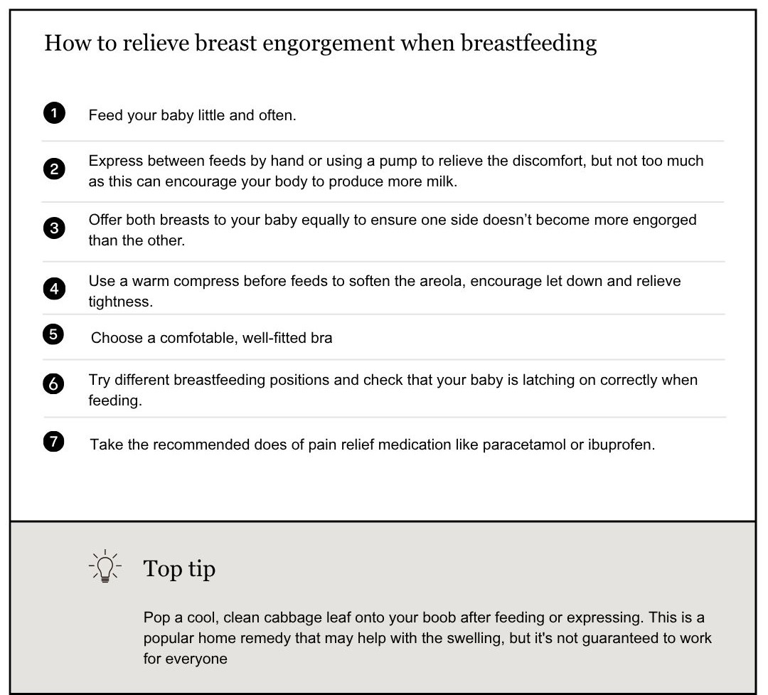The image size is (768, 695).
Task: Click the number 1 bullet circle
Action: [54, 114]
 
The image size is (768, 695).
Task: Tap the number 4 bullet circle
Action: [54, 290]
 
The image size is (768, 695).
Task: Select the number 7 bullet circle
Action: [54, 442]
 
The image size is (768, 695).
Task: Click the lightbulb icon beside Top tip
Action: [105, 567]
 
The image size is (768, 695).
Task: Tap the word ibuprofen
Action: [621, 445]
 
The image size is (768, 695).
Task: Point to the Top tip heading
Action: [179, 568]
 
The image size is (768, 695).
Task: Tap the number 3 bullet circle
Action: [54, 228]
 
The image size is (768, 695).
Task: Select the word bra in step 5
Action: [321, 338]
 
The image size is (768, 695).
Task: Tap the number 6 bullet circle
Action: [54, 383]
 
